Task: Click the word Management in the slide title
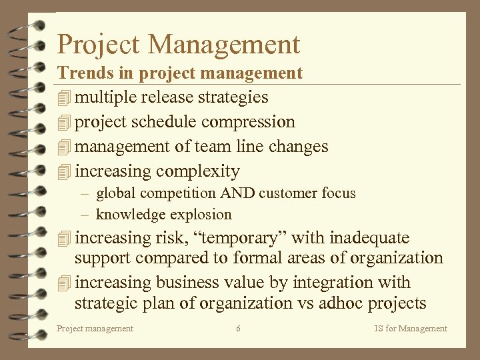[225, 45]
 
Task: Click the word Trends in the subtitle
[81, 73]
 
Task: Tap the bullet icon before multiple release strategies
[64, 98]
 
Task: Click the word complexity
[197, 171]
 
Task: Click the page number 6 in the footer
[239, 328]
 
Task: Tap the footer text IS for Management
[411, 328]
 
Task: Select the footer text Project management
[95, 328]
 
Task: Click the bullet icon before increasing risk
[64, 239]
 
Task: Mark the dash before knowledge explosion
[85, 215]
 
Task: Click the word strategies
[233, 97]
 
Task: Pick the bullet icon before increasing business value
[64, 283]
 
